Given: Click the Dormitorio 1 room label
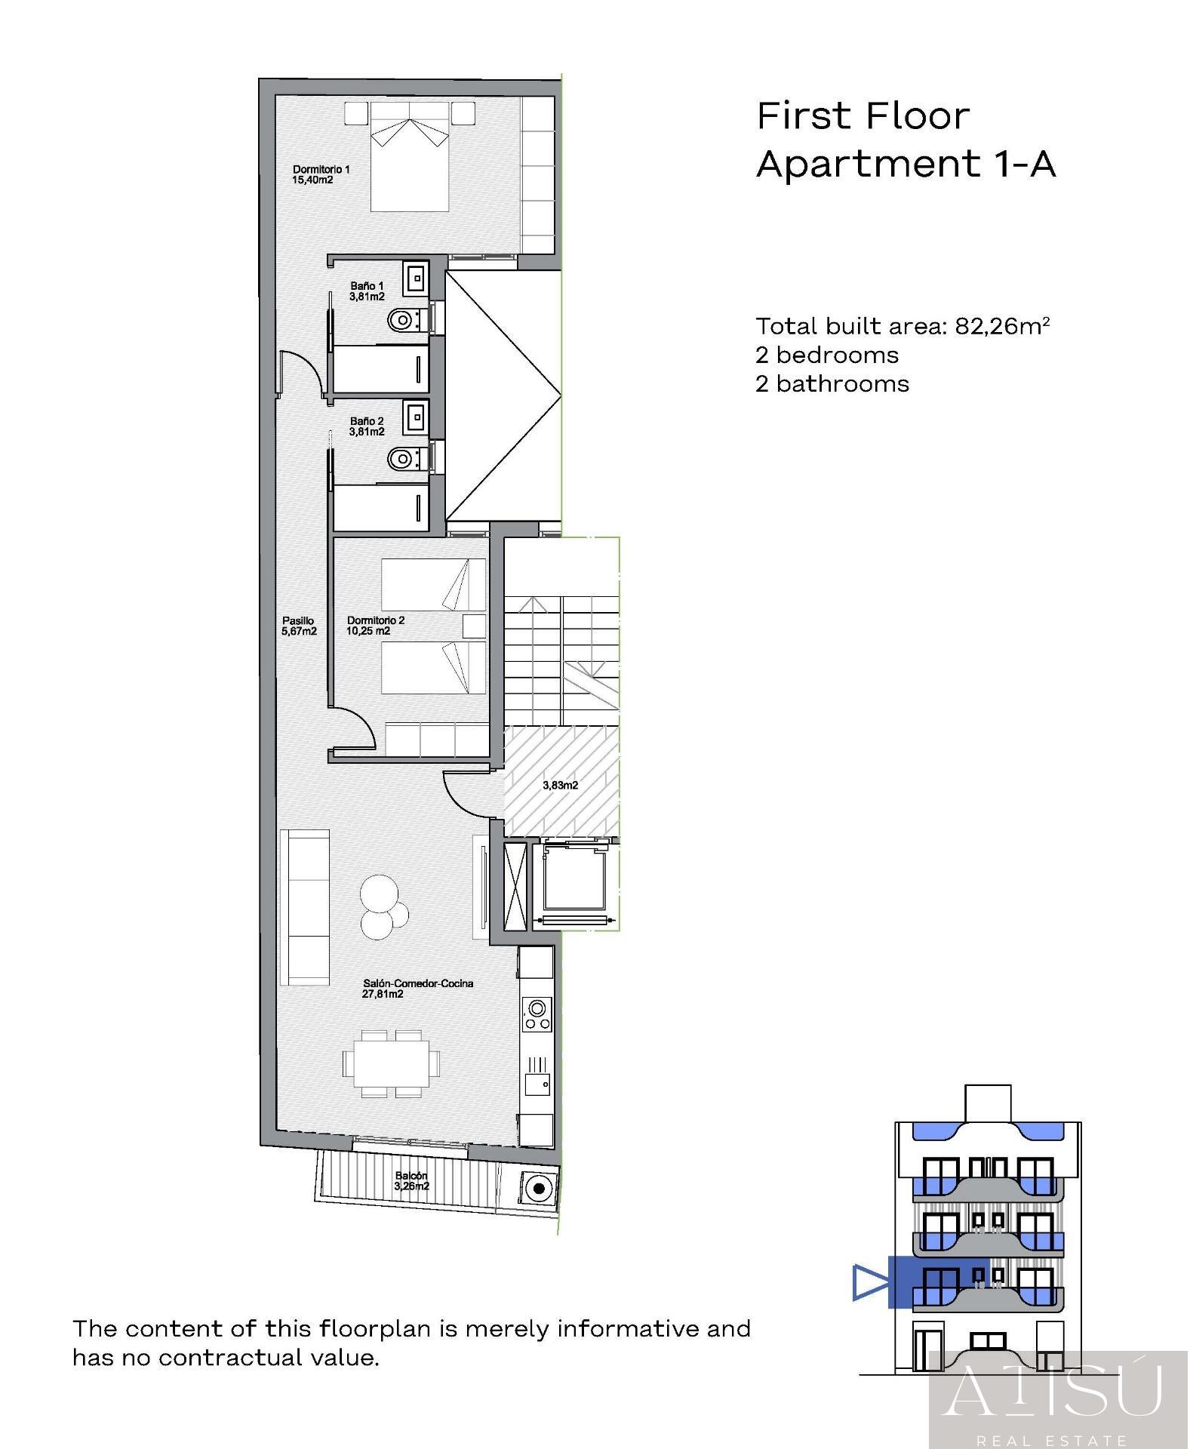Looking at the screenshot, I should pyautogui.click(x=321, y=175).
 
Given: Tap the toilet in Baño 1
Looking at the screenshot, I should pyautogui.click(x=401, y=321).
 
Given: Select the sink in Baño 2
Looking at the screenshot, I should pyautogui.click(x=416, y=416).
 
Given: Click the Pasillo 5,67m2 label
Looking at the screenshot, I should pyautogui.click(x=299, y=626).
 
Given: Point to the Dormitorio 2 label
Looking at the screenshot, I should pyautogui.click(x=375, y=626).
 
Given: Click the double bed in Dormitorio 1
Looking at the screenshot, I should pyautogui.click(x=408, y=156).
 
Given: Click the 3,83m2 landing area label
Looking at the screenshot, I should pyautogui.click(x=560, y=785).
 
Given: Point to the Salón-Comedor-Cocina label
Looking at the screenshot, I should pyautogui.click(x=417, y=988).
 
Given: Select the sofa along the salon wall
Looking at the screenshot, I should pyautogui.click(x=304, y=907).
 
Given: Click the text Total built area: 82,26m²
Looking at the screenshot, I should pyautogui.click(x=902, y=326).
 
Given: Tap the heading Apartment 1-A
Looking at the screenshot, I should pyautogui.click(x=905, y=164).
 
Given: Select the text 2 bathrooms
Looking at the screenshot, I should pyautogui.click(x=832, y=384).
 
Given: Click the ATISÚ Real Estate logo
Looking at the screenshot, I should pyautogui.click(x=1056, y=1400).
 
